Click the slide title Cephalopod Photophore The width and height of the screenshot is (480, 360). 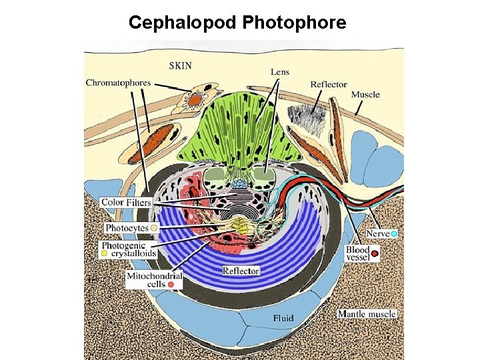click(237, 23)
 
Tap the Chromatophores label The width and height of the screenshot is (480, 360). click(119, 83)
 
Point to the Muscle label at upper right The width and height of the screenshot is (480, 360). click(365, 95)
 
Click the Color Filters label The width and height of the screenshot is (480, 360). click(126, 202)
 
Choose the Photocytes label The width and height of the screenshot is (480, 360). click(127, 228)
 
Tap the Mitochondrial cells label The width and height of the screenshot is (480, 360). click(154, 279)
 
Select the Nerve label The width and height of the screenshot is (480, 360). click(377, 234)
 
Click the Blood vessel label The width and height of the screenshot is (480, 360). click(357, 253)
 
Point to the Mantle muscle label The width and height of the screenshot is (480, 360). click(367, 313)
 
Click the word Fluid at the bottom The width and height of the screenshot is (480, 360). click(283, 319)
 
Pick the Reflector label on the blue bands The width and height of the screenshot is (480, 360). click(241, 271)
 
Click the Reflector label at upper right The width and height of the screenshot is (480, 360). click(329, 85)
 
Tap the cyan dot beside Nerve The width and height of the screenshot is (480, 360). click(394, 234)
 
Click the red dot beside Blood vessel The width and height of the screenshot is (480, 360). click(375, 253)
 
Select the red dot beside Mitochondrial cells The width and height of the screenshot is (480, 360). click(172, 285)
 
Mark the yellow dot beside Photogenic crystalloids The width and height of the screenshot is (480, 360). click(105, 255)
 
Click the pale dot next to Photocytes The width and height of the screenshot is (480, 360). click(154, 228)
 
